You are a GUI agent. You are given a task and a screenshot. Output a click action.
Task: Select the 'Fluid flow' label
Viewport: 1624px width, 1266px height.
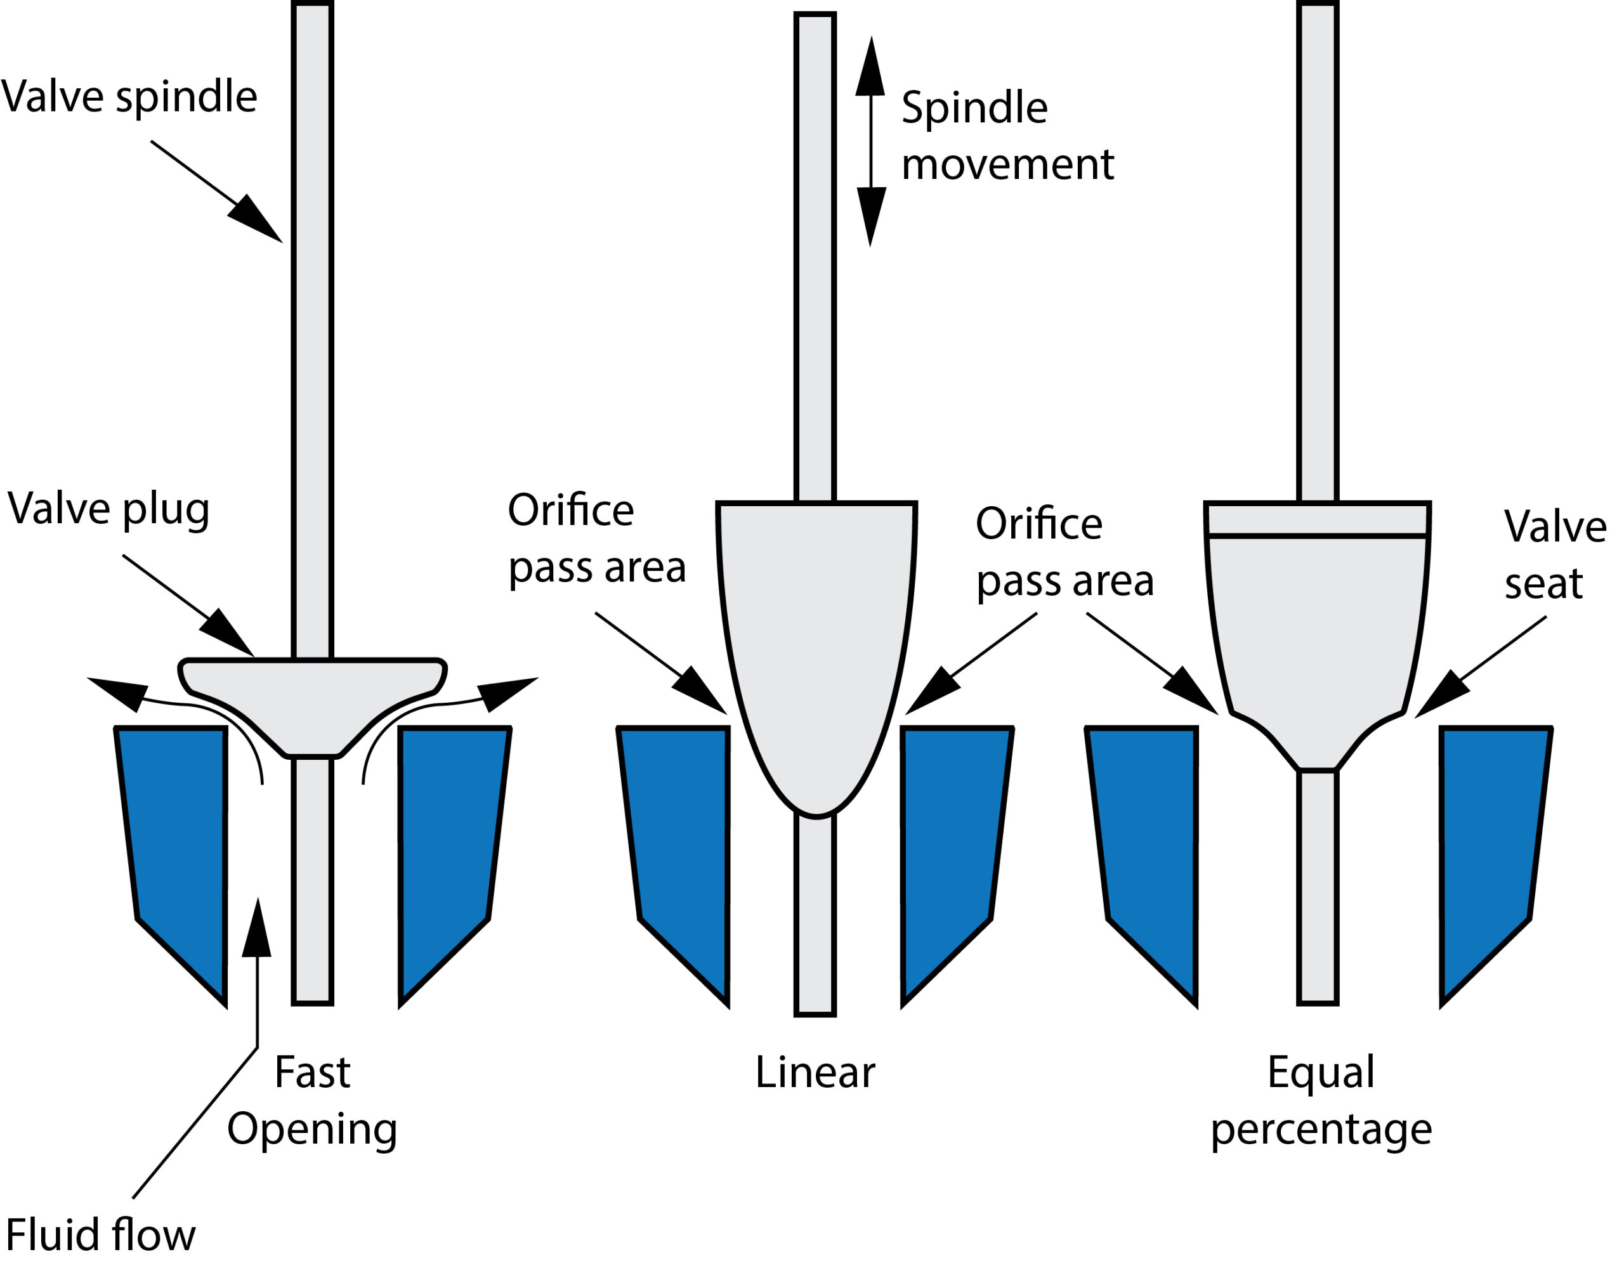(x=100, y=1235)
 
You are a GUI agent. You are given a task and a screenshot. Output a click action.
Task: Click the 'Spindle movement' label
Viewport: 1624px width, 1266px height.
(x=1007, y=135)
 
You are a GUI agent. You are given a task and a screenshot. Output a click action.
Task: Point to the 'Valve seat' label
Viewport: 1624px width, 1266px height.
(x=1554, y=554)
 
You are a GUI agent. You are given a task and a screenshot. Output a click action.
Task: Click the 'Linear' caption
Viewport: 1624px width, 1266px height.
(x=815, y=1072)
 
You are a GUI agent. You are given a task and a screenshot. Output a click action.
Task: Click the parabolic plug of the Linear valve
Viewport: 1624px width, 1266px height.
(x=816, y=639)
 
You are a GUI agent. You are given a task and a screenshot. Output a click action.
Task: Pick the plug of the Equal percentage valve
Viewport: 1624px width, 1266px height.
(x=1317, y=632)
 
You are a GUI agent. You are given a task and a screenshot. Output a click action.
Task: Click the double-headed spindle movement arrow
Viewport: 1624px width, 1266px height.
(x=870, y=141)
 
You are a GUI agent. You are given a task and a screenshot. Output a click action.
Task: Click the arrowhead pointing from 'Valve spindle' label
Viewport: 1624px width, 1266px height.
(x=256, y=221)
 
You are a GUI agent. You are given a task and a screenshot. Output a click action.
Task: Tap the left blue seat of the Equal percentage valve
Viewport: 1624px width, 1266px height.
(x=1145, y=840)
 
